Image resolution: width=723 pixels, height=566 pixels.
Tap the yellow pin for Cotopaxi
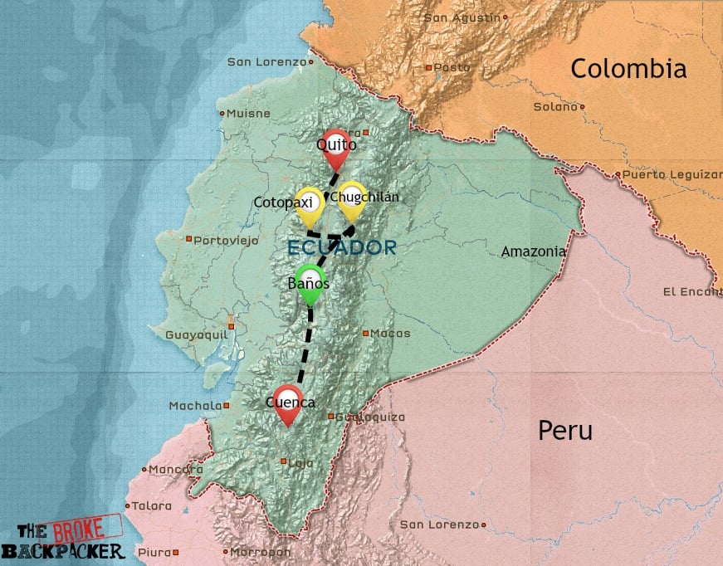[310, 202]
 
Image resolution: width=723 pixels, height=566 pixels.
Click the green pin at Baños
[309, 282]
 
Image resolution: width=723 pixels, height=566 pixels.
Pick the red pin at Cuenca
[289, 402]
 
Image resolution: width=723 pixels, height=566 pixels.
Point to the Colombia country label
[628, 69]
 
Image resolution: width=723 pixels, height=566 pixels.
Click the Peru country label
[565, 431]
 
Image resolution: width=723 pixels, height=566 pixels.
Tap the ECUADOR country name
[341, 247]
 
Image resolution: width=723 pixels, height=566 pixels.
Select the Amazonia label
[534, 251]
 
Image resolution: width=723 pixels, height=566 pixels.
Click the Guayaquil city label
[196, 334]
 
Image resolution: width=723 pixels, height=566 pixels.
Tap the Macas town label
[390, 334]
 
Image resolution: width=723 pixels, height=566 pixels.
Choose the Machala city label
[195, 406]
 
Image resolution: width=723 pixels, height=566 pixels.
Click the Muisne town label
[249, 113]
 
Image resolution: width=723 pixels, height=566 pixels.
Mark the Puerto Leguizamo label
[672, 174]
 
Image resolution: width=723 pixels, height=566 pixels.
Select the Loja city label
[300, 463]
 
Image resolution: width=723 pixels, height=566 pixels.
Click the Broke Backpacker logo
[62, 539]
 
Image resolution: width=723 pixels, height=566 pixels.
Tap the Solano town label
[555, 106]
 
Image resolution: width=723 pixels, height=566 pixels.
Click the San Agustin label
[462, 17]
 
